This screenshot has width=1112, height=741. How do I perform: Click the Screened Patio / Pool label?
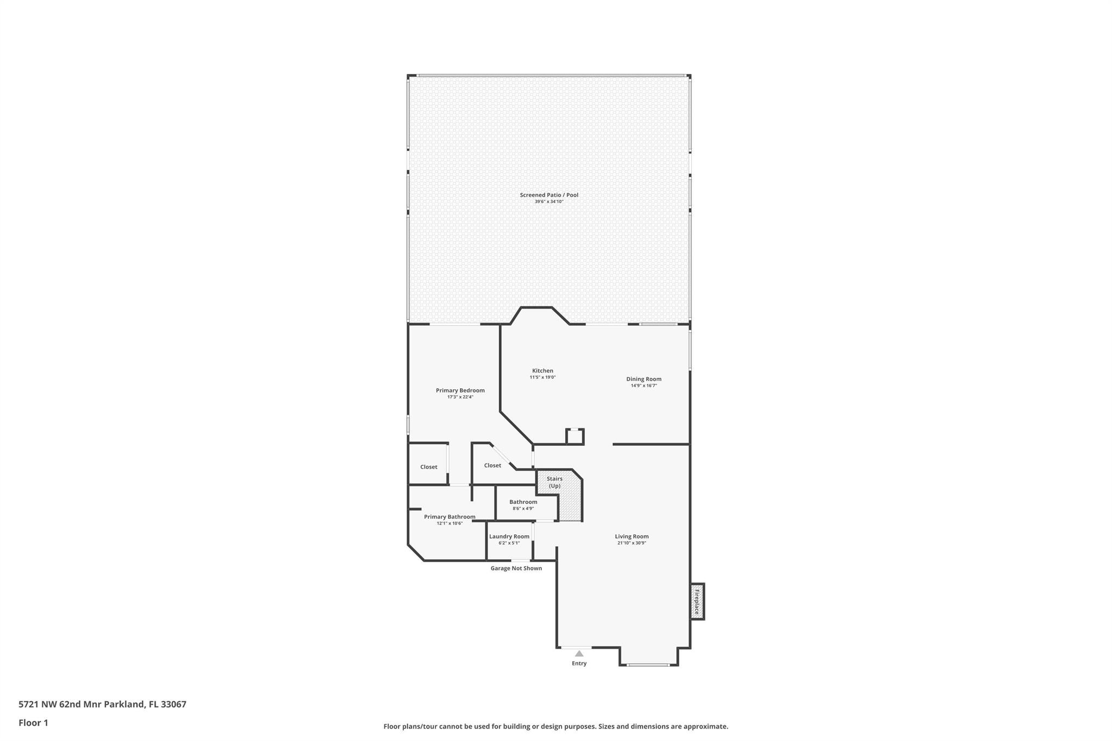tap(549, 195)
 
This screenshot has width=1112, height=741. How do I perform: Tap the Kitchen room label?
tap(542, 371)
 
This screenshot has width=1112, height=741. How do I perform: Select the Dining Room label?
tap(643, 379)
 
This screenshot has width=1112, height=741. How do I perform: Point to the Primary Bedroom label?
tap(460, 390)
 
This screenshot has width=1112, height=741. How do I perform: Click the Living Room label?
tap(631, 536)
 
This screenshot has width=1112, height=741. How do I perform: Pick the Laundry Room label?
tap(509, 536)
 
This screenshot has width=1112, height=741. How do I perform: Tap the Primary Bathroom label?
tap(450, 517)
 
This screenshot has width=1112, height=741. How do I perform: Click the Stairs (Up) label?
tap(554, 482)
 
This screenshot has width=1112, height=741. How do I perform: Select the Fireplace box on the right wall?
tap(697, 601)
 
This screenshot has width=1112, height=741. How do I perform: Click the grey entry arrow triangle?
tap(579, 654)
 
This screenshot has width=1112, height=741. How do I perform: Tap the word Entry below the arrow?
tap(579, 663)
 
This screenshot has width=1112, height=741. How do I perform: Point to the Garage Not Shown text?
tap(516, 568)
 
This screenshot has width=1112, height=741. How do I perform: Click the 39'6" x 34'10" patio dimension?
tap(549, 202)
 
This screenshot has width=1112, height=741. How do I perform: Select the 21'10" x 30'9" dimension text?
tap(631, 543)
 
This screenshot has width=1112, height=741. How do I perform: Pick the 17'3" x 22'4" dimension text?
tap(460, 397)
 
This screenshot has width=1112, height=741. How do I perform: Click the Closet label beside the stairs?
tap(492, 465)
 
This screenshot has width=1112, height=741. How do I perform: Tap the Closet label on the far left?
tap(428, 467)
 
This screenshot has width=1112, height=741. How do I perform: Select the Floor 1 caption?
tap(33, 723)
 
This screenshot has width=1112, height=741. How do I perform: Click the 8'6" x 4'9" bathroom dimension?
tap(523, 509)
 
